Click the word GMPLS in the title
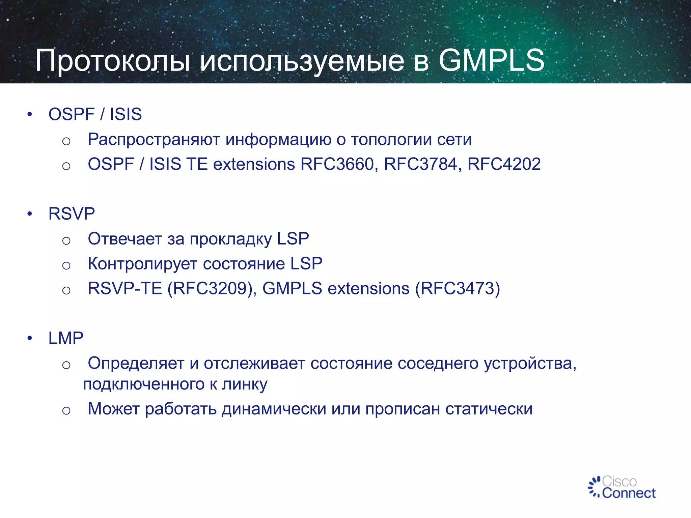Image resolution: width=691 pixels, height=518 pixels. tap(491, 60)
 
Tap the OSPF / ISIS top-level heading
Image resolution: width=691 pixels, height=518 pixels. tap(95, 114)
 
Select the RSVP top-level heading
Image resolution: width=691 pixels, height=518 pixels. tap(72, 214)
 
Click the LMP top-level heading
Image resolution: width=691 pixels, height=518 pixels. tap(66, 338)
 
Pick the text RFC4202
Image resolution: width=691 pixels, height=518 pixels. tap(504, 164)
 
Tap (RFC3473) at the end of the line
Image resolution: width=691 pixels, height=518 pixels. tap(458, 289)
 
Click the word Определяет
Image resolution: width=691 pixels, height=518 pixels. tap(136, 364)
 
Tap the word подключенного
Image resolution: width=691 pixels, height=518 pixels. tap(143, 385)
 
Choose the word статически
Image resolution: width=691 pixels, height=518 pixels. tap(489, 409)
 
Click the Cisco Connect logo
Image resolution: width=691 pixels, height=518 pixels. tap(621, 487)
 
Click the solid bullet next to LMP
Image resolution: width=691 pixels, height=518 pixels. tap(30, 338)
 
